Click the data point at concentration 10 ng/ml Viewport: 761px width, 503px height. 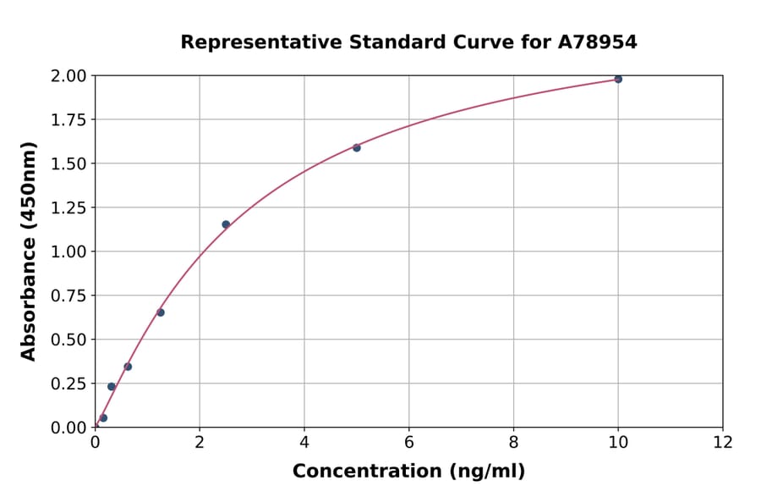(x=618, y=79)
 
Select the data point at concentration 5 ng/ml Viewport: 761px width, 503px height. (x=357, y=148)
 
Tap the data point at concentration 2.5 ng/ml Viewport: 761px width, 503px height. (x=226, y=224)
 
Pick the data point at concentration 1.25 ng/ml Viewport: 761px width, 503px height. (x=161, y=312)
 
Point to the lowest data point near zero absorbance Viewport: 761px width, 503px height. (x=103, y=417)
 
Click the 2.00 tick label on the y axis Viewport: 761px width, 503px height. (x=68, y=76)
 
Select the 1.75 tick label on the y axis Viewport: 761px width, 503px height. (x=68, y=120)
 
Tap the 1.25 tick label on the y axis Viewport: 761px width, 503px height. (x=68, y=207)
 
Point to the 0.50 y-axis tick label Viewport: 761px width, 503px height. (x=68, y=340)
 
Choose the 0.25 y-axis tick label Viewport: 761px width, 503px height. (x=68, y=384)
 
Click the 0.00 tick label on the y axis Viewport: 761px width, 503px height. (x=68, y=428)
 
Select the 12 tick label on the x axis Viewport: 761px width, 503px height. (x=723, y=442)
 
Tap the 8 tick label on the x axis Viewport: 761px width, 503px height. (x=514, y=442)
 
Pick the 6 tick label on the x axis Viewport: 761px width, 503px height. (x=409, y=442)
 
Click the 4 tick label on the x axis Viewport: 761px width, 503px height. (x=304, y=442)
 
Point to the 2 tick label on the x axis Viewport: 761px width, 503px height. (x=200, y=442)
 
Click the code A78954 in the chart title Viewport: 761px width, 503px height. (x=596, y=42)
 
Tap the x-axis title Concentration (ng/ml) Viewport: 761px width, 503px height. (x=408, y=472)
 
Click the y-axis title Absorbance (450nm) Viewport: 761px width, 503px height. (x=29, y=251)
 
